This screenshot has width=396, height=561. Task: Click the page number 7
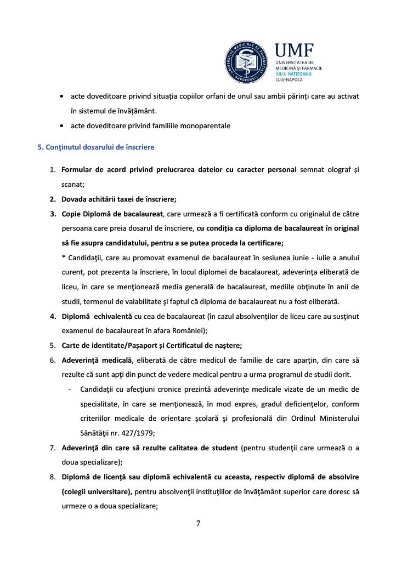tap(198, 523)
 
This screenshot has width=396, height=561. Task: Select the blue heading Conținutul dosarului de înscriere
tap(96, 147)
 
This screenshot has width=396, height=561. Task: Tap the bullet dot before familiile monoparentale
tap(64, 126)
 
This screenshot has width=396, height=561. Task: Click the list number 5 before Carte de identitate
tap(53, 345)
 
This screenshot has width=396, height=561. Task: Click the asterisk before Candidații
tap(64, 257)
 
